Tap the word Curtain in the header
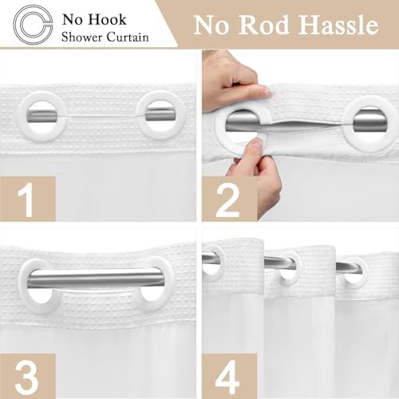(x=128, y=37)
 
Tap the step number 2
(x=228, y=199)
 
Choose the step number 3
(x=27, y=377)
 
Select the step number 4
(x=227, y=377)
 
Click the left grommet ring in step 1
(x=22, y=116)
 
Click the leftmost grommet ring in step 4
(x=223, y=263)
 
